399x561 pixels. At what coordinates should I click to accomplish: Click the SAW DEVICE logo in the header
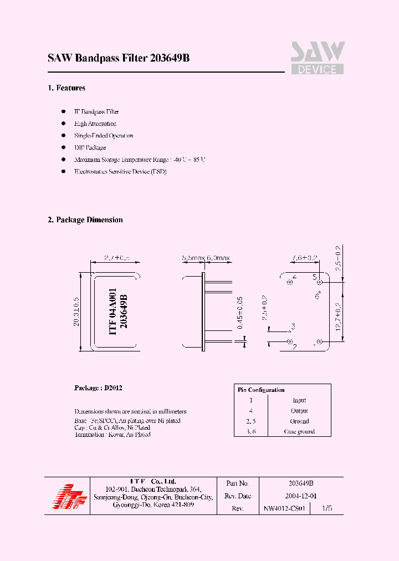tap(318, 58)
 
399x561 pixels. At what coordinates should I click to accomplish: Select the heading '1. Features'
tap(66, 88)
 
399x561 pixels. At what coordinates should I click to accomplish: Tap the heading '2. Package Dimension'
tap(85, 220)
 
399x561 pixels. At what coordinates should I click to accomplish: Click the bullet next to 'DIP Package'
tap(63, 148)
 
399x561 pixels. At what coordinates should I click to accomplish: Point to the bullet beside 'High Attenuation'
tap(63, 124)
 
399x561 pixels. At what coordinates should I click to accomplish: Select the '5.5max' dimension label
tap(193, 258)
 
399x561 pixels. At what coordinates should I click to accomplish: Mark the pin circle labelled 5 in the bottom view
tap(320, 282)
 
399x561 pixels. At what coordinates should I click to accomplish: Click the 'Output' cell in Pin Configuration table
tap(299, 411)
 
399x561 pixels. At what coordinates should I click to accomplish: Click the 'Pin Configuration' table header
tap(262, 390)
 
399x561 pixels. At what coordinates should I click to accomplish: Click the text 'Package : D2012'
tap(98, 388)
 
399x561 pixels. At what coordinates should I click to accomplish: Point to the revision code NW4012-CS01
tap(284, 508)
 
